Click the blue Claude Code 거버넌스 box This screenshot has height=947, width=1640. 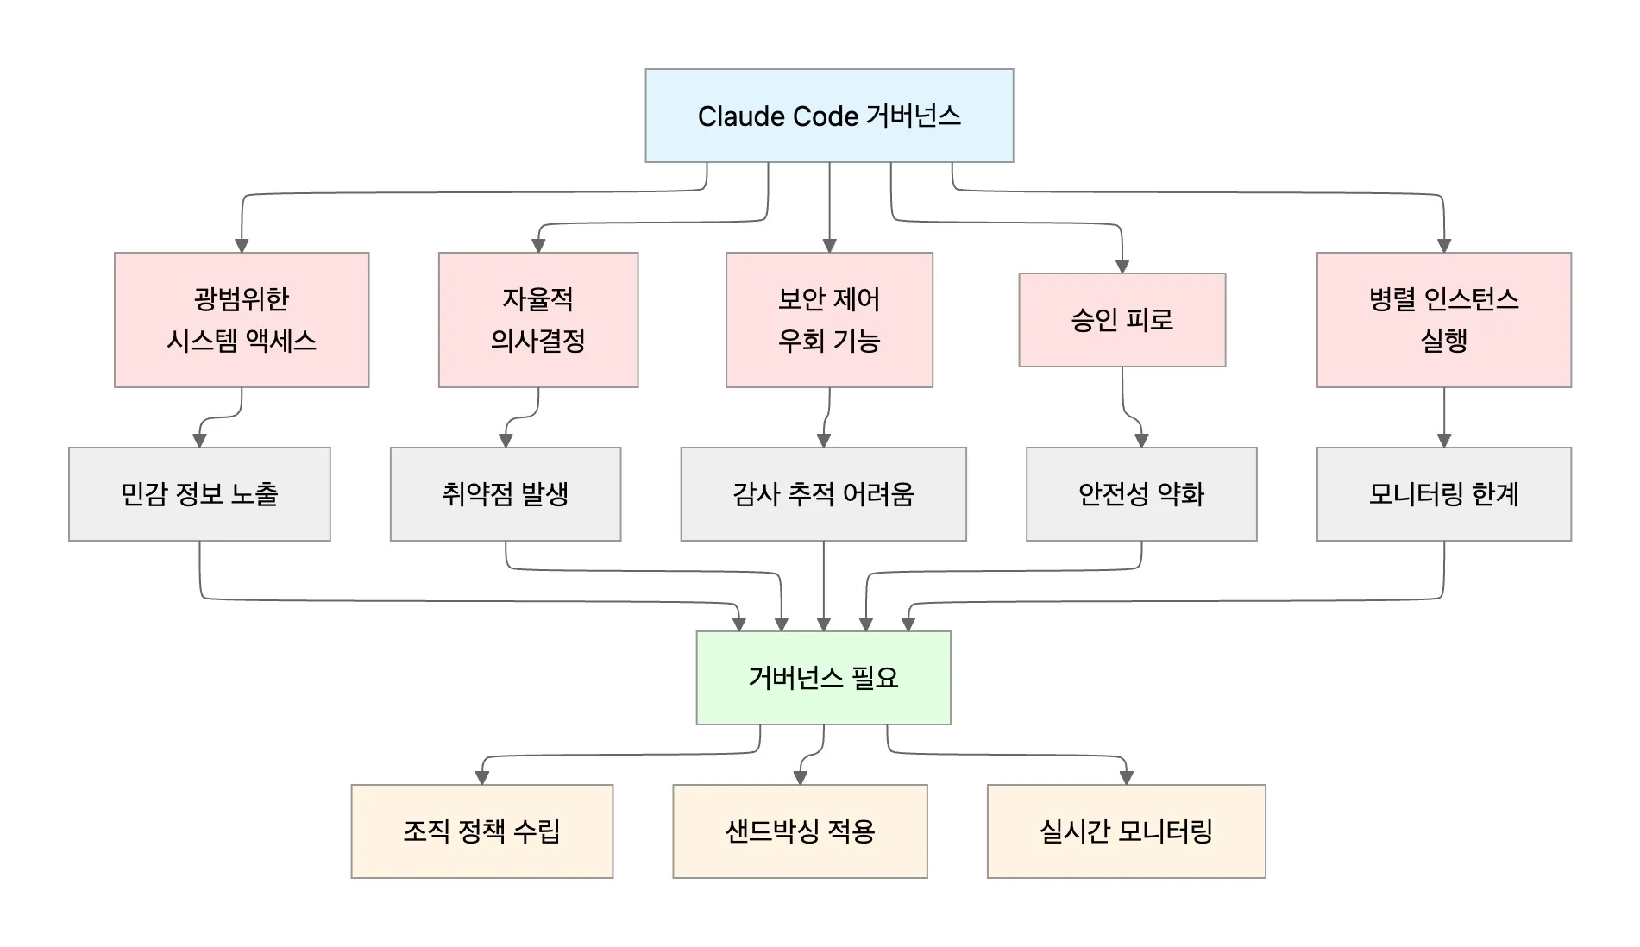tap(828, 116)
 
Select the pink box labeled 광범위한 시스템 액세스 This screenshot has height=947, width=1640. tap(242, 319)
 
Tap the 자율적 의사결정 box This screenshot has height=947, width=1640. tap(537, 319)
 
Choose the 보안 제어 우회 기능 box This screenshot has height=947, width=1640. tap(828, 319)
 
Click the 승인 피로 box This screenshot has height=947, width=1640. tap(1122, 320)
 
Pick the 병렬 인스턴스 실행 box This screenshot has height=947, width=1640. tap(1443, 319)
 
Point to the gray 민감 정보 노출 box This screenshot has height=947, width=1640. tap(199, 493)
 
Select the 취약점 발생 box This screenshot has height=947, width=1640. tap(505, 493)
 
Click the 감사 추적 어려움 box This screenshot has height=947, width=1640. tap(823, 493)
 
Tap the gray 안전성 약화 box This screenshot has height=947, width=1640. tap(1140, 493)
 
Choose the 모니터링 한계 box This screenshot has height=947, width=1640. tap(1443, 493)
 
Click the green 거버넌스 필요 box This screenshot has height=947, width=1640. tap(823, 677)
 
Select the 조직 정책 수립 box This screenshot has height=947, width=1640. tap(481, 831)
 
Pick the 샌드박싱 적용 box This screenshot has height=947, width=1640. tap(800, 831)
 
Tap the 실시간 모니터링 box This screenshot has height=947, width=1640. tap(1126, 831)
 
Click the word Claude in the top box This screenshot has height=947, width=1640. tap(732, 116)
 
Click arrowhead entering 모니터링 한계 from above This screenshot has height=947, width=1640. tap(1444, 440)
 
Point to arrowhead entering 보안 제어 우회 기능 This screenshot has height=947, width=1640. tap(829, 245)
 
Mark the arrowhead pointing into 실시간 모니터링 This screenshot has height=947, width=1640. tap(1126, 777)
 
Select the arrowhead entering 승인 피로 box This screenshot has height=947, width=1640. tap(1122, 266)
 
